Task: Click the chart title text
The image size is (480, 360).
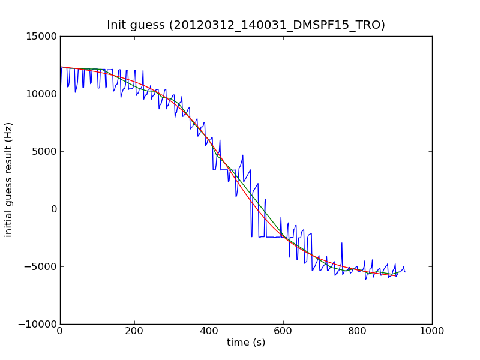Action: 246,25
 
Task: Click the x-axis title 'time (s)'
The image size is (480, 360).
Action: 246,343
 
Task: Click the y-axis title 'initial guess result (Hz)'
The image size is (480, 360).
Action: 9,179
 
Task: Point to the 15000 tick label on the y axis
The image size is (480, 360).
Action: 41,36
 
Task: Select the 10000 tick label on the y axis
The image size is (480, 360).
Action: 41,94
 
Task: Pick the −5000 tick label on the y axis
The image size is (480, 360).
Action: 41,266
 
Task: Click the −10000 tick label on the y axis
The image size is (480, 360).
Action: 38,324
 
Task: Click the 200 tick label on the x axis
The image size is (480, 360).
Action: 134,331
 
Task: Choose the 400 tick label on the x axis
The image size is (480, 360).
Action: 209,331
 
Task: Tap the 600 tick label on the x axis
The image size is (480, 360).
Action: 283,331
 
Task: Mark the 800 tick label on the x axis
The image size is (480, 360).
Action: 358,331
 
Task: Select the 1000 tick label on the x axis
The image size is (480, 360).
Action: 432,331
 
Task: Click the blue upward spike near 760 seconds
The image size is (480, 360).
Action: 342,244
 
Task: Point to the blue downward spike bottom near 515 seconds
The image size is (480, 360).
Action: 251,236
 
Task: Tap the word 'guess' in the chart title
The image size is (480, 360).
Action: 148,25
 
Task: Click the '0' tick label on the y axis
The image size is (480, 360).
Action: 53,209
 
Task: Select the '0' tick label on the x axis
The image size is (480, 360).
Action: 60,331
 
